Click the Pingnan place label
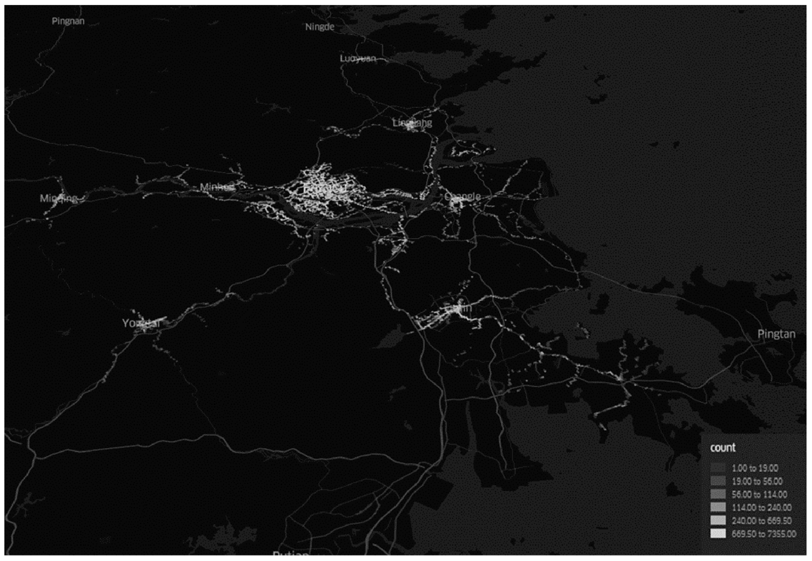coord(68,21)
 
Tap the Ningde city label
coord(320,27)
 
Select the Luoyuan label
coord(358,58)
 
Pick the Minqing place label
coord(58,199)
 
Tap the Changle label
coord(462,197)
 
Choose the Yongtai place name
coord(141,323)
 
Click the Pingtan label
coord(776,334)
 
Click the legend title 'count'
coord(722,448)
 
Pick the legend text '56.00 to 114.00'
coord(759,494)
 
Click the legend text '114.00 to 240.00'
coord(761,508)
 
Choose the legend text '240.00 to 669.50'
coord(761,521)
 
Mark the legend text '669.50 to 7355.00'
coord(764,534)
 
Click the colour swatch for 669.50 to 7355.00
coord(717,534)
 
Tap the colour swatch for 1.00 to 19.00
coord(717,468)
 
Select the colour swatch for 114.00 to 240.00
coord(717,507)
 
